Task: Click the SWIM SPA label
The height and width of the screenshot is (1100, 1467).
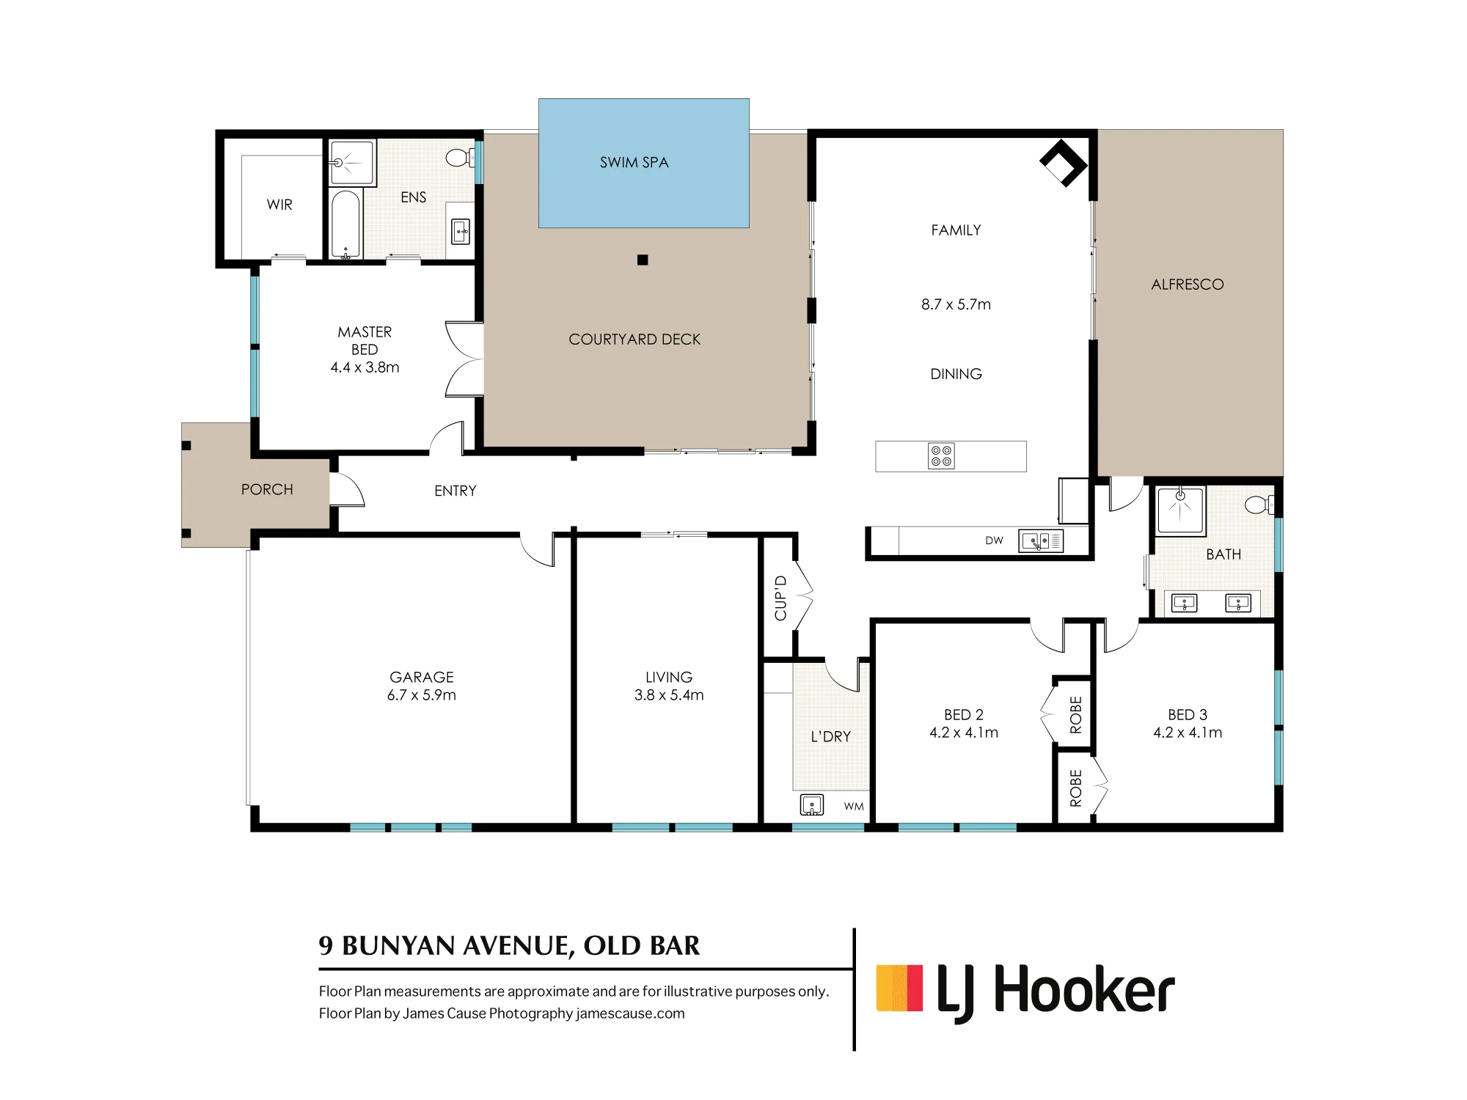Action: (x=634, y=162)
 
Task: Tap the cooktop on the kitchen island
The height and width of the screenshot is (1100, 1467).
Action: (x=941, y=455)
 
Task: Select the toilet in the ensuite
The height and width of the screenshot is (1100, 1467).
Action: (x=460, y=157)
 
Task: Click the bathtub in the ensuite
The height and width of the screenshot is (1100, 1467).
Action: (x=345, y=224)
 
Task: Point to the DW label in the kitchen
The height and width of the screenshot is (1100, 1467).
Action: (x=994, y=540)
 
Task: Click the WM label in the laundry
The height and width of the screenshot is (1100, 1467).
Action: (x=853, y=806)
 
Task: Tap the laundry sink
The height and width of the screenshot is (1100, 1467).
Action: (x=811, y=804)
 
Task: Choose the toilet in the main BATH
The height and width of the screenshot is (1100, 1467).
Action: (x=1259, y=505)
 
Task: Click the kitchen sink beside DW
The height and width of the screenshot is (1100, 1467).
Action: (x=1041, y=541)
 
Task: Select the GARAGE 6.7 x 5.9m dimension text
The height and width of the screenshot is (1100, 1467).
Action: (x=422, y=694)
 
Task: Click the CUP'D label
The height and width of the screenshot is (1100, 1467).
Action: (x=780, y=598)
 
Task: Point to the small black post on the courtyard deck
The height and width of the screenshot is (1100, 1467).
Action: (x=643, y=260)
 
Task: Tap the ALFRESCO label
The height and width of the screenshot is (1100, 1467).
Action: (x=1188, y=285)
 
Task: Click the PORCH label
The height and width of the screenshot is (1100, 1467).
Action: (x=267, y=489)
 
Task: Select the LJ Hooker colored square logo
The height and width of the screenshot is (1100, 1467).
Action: (x=899, y=989)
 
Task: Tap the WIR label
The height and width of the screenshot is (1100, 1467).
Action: (x=279, y=205)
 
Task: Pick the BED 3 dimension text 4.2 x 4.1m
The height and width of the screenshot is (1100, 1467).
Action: (x=1188, y=732)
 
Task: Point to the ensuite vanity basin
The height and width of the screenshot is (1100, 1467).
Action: (x=461, y=232)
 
